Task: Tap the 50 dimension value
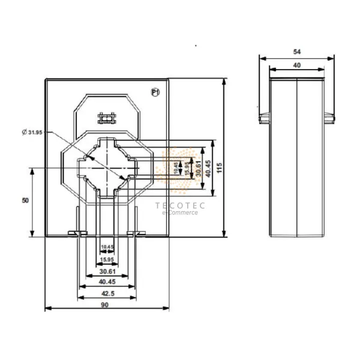click(25, 202)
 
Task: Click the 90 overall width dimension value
click(104, 305)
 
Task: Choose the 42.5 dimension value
click(107, 293)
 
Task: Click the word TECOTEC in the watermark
click(180, 205)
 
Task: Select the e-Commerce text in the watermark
click(181, 212)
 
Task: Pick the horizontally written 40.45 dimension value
click(107, 281)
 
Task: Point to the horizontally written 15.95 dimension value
click(107, 259)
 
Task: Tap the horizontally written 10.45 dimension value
click(107, 247)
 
